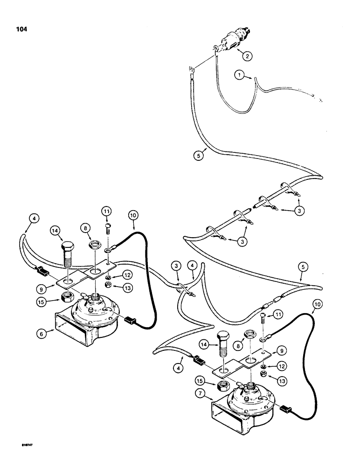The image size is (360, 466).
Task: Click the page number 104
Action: [x=21, y=29]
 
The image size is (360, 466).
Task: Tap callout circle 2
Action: [x=247, y=56]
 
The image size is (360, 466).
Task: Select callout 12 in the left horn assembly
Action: [x=126, y=274]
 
